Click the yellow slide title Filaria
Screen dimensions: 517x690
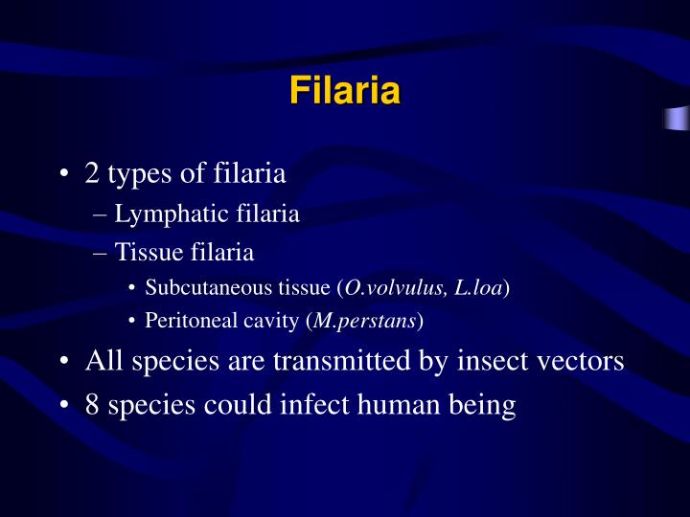coord(344,93)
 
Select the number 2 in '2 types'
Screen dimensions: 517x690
coord(92,174)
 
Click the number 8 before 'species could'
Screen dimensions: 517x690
coord(92,405)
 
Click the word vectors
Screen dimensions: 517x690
coord(585,362)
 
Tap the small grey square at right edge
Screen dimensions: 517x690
coord(677,118)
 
